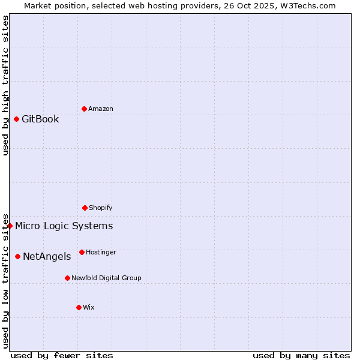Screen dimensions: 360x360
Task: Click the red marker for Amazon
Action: [x=84, y=109]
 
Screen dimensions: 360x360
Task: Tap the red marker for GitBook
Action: [x=16, y=119]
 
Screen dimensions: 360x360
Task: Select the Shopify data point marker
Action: [x=85, y=208]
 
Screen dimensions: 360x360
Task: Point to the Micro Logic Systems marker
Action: [x=10, y=226]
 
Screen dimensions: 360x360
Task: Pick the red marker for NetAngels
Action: [x=17, y=256]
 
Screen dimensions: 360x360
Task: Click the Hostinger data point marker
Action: [x=82, y=252]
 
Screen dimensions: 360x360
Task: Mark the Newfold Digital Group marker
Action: [x=67, y=278]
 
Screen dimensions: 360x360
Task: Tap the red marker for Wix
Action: [x=79, y=307]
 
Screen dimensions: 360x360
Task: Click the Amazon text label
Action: [x=101, y=109]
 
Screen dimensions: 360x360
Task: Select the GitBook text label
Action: [x=40, y=119]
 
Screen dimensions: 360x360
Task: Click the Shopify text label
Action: [x=101, y=208]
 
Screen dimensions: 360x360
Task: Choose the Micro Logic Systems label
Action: [x=64, y=226]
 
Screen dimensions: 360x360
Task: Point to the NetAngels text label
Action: [x=47, y=257]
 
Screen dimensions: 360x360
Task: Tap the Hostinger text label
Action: [x=101, y=253]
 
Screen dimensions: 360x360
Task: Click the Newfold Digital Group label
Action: [x=106, y=278]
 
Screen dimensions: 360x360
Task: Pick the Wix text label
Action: [x=89, y=308]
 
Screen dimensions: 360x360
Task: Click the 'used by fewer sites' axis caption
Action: [x=62, y=355]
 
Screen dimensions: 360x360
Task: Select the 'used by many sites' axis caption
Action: [x=301, y=355]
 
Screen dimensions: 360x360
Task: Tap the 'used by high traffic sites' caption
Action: [x=5, y=85]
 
